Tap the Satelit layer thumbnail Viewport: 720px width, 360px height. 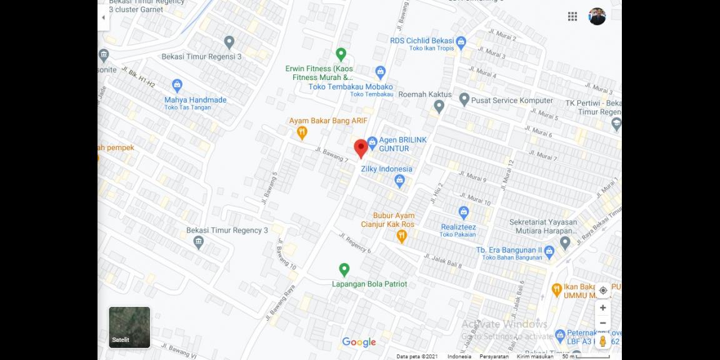129,327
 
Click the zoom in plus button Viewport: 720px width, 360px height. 602,307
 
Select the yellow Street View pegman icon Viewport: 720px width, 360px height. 602,341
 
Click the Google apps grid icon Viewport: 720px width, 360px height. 572,17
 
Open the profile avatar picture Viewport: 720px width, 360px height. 597,17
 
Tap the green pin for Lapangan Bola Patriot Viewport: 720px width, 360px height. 344,270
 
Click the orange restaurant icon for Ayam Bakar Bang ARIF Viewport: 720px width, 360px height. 302,132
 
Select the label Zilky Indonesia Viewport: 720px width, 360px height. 387,169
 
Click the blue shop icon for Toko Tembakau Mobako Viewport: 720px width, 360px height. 381,71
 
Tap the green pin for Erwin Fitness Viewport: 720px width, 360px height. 341,54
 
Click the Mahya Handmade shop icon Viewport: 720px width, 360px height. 177,85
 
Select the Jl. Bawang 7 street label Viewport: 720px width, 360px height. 332,155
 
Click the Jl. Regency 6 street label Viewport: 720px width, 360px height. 355,242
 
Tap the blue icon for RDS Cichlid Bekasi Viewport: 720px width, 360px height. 461,42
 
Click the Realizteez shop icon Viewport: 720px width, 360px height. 463,212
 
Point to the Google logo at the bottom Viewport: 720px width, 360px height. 359,342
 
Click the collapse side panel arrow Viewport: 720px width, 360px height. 103,17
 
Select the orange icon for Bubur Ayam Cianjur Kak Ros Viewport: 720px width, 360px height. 402,236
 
